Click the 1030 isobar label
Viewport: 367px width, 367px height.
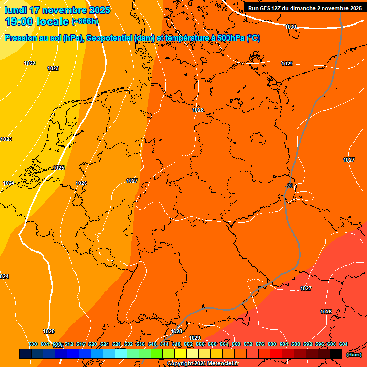290,27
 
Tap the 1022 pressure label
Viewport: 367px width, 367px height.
30,63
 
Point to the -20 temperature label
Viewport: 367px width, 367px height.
289,186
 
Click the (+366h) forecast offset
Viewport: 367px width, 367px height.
85,22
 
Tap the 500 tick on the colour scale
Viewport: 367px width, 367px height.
33,344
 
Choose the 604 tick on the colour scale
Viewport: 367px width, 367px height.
344,344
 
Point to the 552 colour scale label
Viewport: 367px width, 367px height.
188,344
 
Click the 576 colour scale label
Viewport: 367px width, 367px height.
260,344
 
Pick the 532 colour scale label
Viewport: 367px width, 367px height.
129,344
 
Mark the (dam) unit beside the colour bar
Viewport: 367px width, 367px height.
354,355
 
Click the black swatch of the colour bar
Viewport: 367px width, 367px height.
336,354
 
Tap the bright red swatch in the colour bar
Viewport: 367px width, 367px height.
276,354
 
